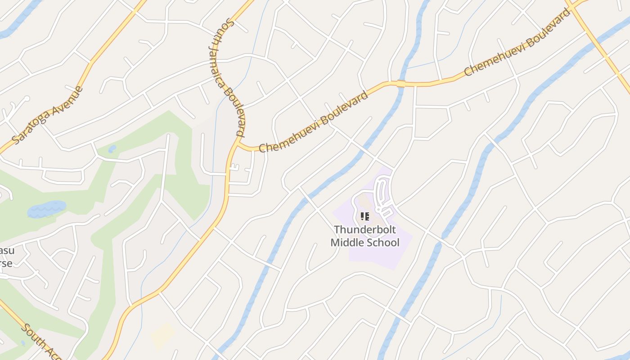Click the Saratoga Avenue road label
click(48, 115)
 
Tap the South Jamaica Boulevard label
click(227, 77)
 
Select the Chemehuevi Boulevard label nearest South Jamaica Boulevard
click(314, 122)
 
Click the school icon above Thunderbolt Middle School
click(365, 216)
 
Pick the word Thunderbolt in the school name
click(364, 230)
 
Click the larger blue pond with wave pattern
click(46, 209)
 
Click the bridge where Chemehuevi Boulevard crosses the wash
click(401, 83)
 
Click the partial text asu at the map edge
click(5, 251)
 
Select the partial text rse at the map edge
click(5, 263)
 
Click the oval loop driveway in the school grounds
click(381, 193)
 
